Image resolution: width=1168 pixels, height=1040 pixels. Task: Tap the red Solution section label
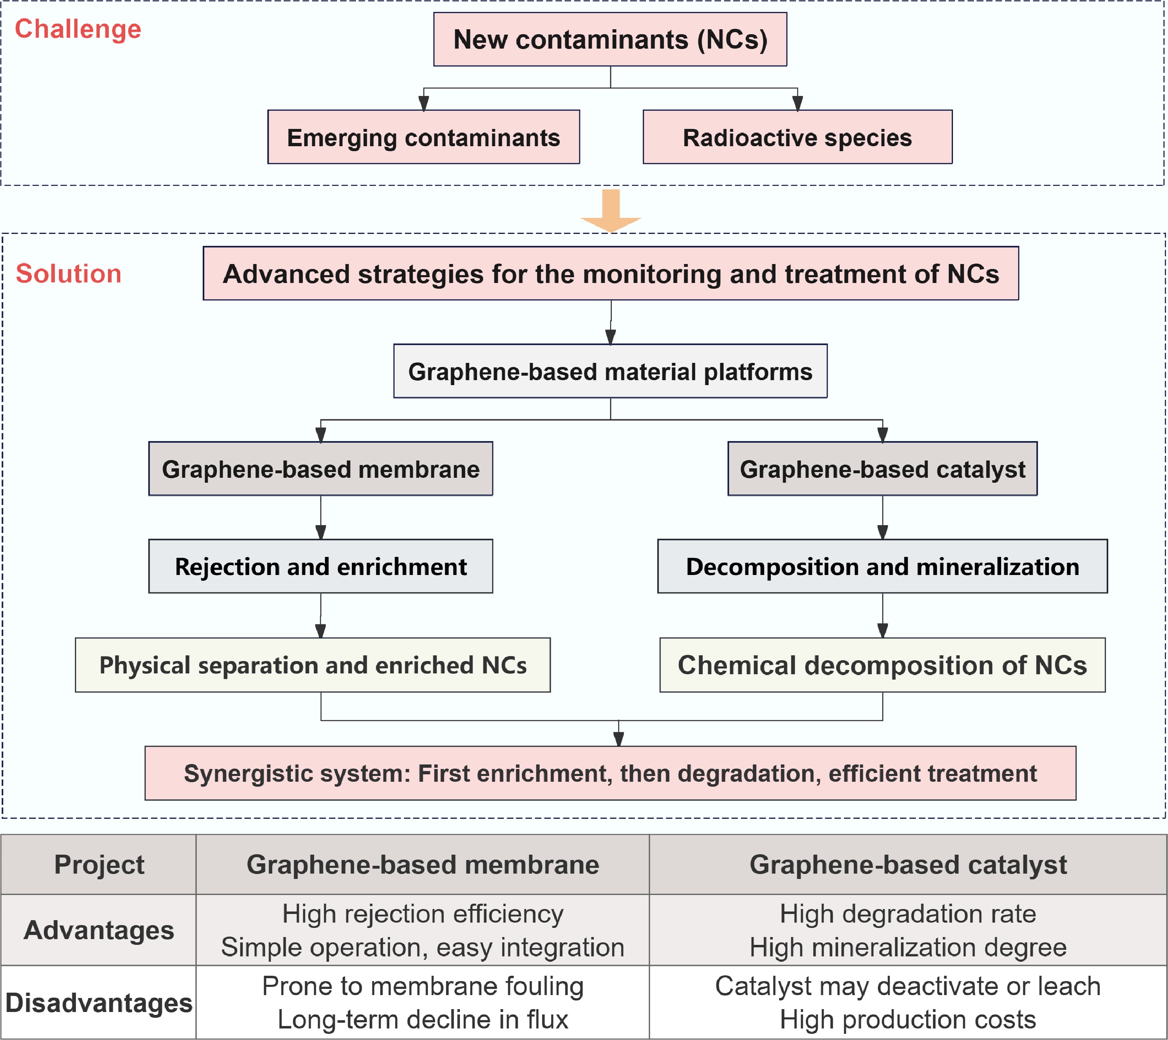click(68, 274)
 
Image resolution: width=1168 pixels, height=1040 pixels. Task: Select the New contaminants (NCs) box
click(610, 40)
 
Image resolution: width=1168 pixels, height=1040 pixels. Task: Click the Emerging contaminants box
click(424, 137)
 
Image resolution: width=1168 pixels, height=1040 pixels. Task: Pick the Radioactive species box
click(797, 137)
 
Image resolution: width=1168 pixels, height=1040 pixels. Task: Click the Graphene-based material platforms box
click(610, 372)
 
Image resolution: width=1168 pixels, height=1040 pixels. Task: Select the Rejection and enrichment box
click(321, 566)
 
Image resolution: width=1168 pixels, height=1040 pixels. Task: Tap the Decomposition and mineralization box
click(882, 566)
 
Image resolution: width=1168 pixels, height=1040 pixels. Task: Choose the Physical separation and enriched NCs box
click(313, 665)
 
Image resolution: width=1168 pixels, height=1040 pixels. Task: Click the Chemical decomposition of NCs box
click(882, 665)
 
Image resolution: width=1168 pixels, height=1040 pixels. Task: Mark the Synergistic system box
click(610, 773)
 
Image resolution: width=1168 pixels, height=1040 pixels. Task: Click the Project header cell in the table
click(99, 865)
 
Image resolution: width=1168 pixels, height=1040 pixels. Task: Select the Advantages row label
click(99, 930)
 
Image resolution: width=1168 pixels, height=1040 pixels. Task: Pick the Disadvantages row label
click(99, 1003)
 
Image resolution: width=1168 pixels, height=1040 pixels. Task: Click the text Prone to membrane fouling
click(423, 986)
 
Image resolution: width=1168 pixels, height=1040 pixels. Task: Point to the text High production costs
click(908, 1019)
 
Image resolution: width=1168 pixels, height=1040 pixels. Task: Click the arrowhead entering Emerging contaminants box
click(424, 103)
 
